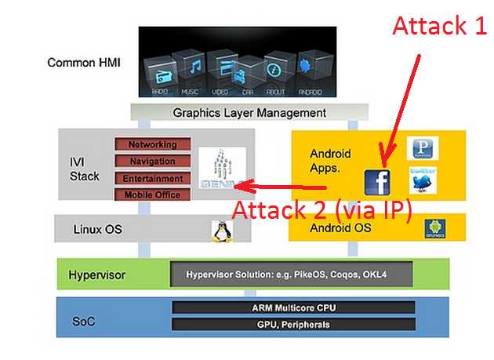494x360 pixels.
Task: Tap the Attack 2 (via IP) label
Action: [x=322, y=209]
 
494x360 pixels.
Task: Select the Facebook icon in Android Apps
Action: [x=378, y=182]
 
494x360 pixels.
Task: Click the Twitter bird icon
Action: [x=423, y=180]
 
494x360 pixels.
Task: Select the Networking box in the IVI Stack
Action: [x=153, y=144]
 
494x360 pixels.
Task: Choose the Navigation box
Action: [x=153, y=161]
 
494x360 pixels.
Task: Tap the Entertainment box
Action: [x=153, y=178]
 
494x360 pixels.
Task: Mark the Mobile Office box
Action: [x=153, y=195]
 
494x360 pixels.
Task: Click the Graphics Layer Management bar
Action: [x=249, y=113]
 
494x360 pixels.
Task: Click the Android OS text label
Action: [x=341, y=228]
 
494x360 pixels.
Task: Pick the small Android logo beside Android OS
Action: [x=433, y=229]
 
